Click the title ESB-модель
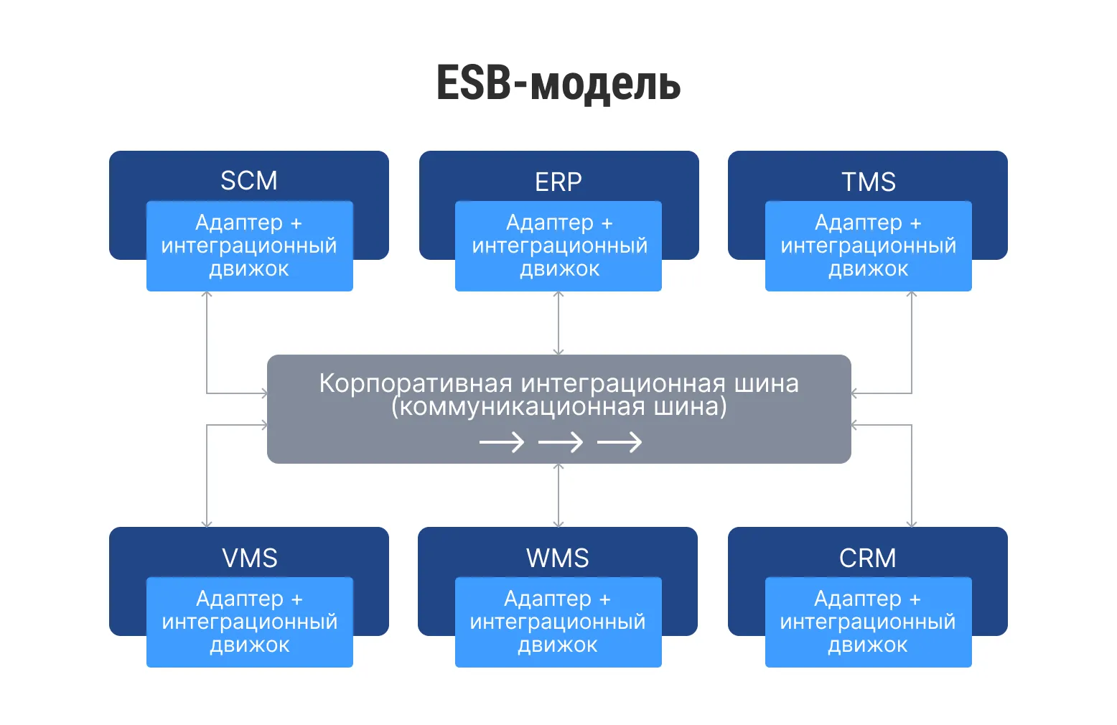[x=558, y=83]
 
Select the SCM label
[x=248, y=181]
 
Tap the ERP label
[x=558, y=182]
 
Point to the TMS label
[x=868, y=182]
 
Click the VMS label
[x=249, y=558]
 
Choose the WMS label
[x=557, y=558]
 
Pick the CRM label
[x=867, y=558]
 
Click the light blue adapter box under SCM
[x=249, y=246]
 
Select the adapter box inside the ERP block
[x=558, y=246]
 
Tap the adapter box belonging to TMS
[x=868, y=246]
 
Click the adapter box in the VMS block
[x=249, y=622]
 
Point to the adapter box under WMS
[x=558, y=622]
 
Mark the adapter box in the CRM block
[x=868, y=622]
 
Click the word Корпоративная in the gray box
[x=415, y=383]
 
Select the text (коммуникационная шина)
[x=558, y=407]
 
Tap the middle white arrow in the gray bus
[x=560, y=442]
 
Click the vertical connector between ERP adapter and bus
[x=558, y=323]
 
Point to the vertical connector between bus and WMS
[x=558, y=495]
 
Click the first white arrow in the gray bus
[x=501, y=442]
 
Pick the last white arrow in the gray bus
[x=619, y=442]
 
